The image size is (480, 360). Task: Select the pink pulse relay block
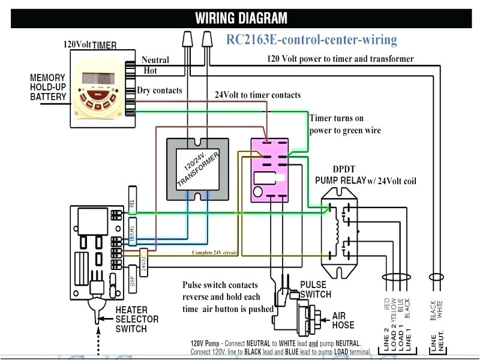click(x=271, y=168)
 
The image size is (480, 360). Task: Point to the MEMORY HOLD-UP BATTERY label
click(x=47, y=88)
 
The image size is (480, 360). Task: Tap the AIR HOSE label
click(x=343, y=320)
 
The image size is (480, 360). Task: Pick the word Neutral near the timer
click(x=155, y=60)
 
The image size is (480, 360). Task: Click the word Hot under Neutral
click(x=150, y=71)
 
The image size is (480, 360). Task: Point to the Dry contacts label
click(x=160, y=91)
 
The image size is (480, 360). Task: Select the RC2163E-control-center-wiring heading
click(x=311, y=40)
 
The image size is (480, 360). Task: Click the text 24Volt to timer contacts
click(x=257, y=95)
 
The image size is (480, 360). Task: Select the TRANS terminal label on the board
click(x=131, y=230)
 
